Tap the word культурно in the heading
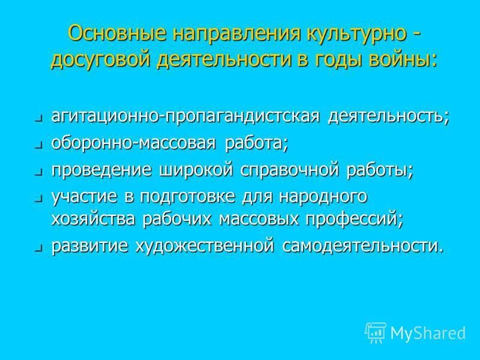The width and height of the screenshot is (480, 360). coord(352,34)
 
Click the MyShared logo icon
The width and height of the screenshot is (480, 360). coord(376,332)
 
